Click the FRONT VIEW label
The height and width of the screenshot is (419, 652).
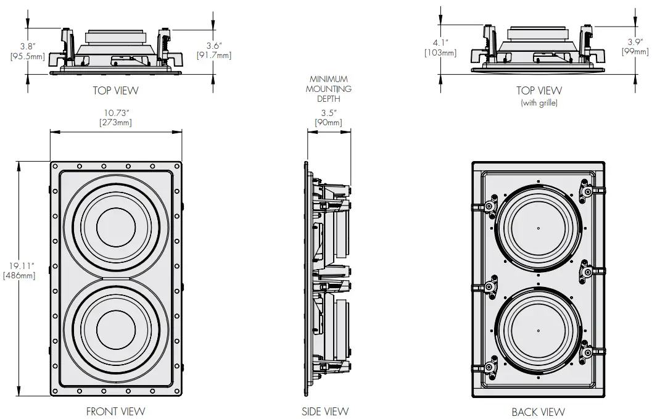tap(116, 411)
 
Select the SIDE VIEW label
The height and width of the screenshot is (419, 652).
tap(325, 411)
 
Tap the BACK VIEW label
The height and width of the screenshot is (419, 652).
tap(538, 412)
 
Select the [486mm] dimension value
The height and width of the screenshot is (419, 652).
tap(19, 276)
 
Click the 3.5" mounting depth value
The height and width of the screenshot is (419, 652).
tap(329, 113)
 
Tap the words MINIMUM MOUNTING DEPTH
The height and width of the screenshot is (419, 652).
tap(329, 89)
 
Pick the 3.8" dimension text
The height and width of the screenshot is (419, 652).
tap(27, 46)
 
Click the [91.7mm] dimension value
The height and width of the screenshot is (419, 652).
tap(213, 56)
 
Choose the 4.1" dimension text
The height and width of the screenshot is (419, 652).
tap(440, 43)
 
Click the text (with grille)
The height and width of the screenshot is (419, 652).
tap(539, 103)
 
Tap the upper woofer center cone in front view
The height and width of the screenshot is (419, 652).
tap(115, 228)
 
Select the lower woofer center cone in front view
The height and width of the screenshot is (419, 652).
tap(115, 328)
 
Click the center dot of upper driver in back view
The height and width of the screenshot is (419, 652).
tap(538, 228)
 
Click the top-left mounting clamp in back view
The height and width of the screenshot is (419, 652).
tap(490, 205)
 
